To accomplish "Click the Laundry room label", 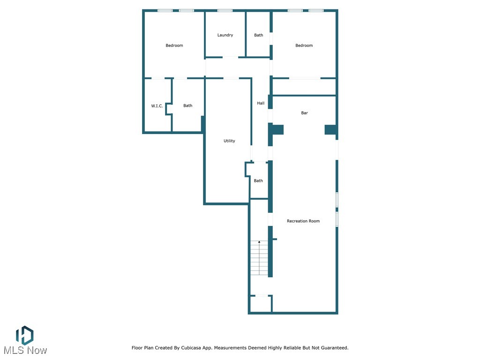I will pyautogui.click(x=225, y=35).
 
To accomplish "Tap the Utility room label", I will pyautogui.click(x=229, y=141).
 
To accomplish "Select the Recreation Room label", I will pyautogui.click(x=303, y=221).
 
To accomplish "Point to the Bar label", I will pyautogui.click(x=305, y=113).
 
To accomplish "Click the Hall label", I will pyautogui.click(x=261, y=103).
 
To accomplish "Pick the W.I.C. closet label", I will pyautogui.click(x=157, y=106).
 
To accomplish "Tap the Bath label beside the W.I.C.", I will pyautogui.click(x=187, y=106).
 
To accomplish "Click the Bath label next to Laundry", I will pyautogui.click(x=259, y=35).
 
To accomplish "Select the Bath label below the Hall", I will pyautogui.click(x=258, y=181).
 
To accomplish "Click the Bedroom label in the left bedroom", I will pyautogui.click(x=174, y=45).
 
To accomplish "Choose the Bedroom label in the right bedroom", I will pyautogui.click(x=304, y=45).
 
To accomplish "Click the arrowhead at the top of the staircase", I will pyautogui.click(x=259, y=242).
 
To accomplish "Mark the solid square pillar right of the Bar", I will pyautogui.click(x=330, y=130).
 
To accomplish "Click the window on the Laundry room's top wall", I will pyautogui.click(x=225, y=10).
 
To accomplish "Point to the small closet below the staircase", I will pyautogui.click(x=260, y=304).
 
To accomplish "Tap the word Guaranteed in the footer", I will pyautogui.click(x=331, y=348).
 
